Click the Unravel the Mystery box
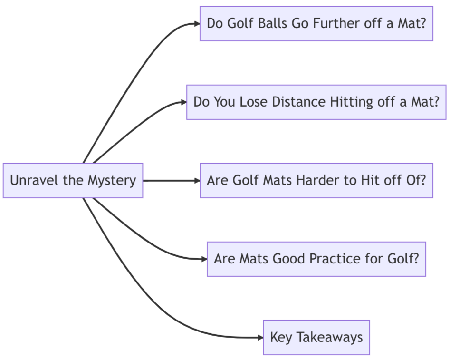click(x=73, y=181)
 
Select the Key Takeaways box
click(x=316, y=338)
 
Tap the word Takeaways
click(x=329, y=338)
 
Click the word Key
click(x=281, y=338)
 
